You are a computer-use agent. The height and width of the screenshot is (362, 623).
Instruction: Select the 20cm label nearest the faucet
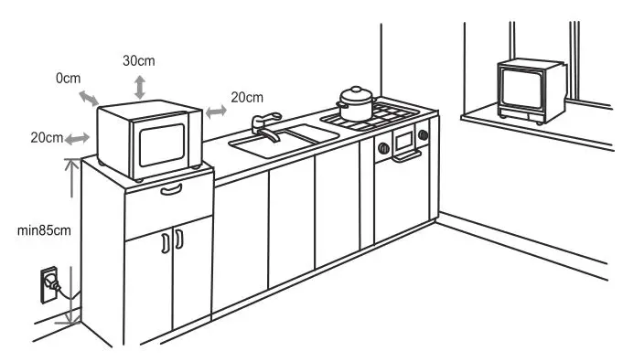coord(247,97)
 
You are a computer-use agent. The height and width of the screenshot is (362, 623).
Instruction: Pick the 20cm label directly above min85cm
coord(46,137)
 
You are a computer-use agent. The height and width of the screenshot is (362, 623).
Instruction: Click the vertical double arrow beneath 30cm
coord(138,88)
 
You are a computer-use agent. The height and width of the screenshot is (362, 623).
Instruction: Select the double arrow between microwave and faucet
coord(217,111)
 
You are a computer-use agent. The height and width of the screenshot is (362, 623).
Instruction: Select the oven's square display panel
coord(403,140)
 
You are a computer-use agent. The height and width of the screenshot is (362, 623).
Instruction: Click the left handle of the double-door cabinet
coord(165,243)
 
